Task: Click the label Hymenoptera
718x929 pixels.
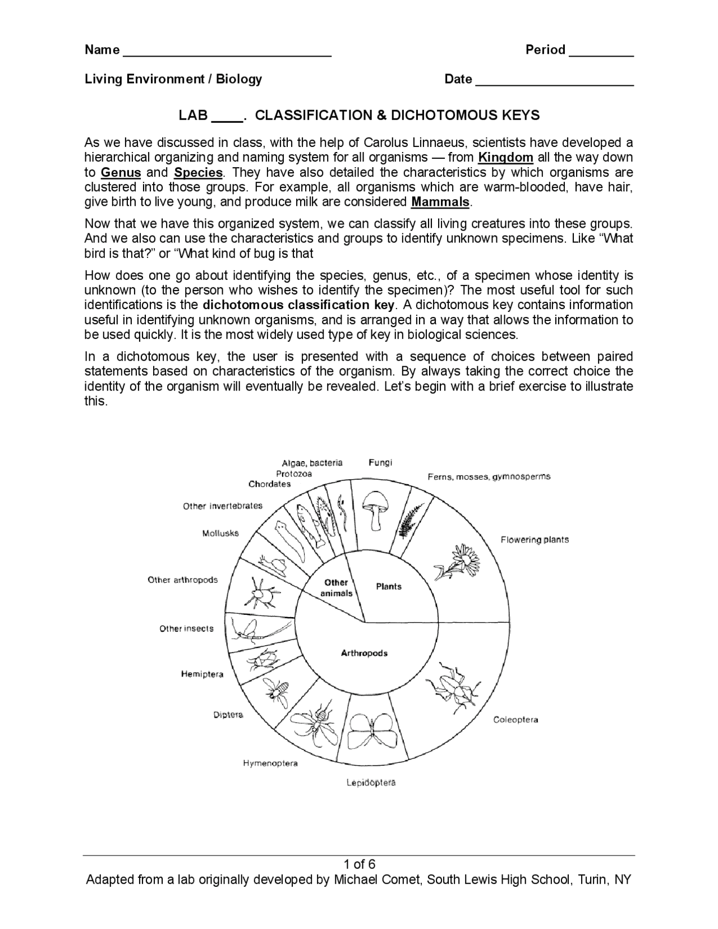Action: pos(270,763)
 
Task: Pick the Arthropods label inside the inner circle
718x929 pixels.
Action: pos(364,653)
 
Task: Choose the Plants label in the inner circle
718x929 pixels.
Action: pos(388,586)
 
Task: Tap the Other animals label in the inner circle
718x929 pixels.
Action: pos(336,587)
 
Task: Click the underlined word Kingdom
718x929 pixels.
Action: pos(505,157)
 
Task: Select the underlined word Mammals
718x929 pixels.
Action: pos(440,202)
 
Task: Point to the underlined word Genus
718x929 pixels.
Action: pos(121,172)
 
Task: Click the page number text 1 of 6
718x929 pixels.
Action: pos(360,863)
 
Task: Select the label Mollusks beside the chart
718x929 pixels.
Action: pos(220,533)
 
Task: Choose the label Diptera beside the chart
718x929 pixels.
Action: pos(228,715)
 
